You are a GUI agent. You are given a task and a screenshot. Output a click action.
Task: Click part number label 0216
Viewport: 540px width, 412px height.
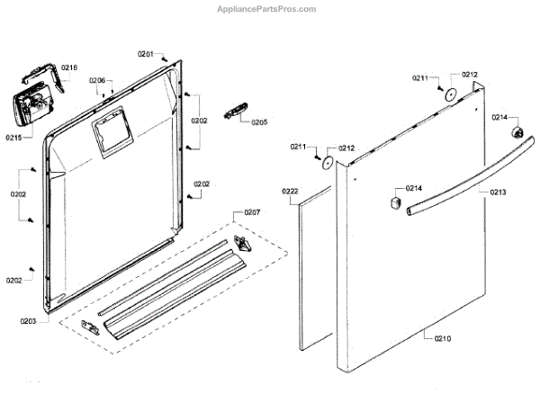(x=68, y=67)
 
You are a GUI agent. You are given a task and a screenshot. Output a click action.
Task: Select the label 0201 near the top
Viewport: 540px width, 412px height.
(x=146, y=55)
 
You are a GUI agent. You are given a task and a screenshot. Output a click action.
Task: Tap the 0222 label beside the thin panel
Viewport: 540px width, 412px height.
(x=290, y=192)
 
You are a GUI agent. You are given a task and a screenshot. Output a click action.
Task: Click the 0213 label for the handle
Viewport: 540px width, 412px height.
(x=499, y=192)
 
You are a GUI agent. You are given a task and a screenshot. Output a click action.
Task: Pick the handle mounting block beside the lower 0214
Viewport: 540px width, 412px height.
(x=393, y=201)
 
